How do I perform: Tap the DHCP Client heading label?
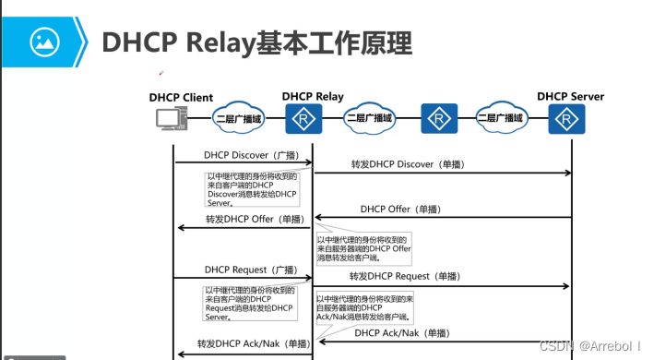click(x=181, y=97)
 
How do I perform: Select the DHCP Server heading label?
click(x=569, y=95)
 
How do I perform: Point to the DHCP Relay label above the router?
click(x=313, y=95)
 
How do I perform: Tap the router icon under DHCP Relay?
click(x=301, y=118)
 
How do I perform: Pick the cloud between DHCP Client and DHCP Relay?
click(x=238, y=118)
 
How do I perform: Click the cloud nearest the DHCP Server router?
click(x=501, y=118)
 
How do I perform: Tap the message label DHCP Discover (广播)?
click(x=238, y=154)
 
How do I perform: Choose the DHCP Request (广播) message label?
click(x=238, y=270)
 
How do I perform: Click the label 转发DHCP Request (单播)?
click(x=403, y=276)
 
